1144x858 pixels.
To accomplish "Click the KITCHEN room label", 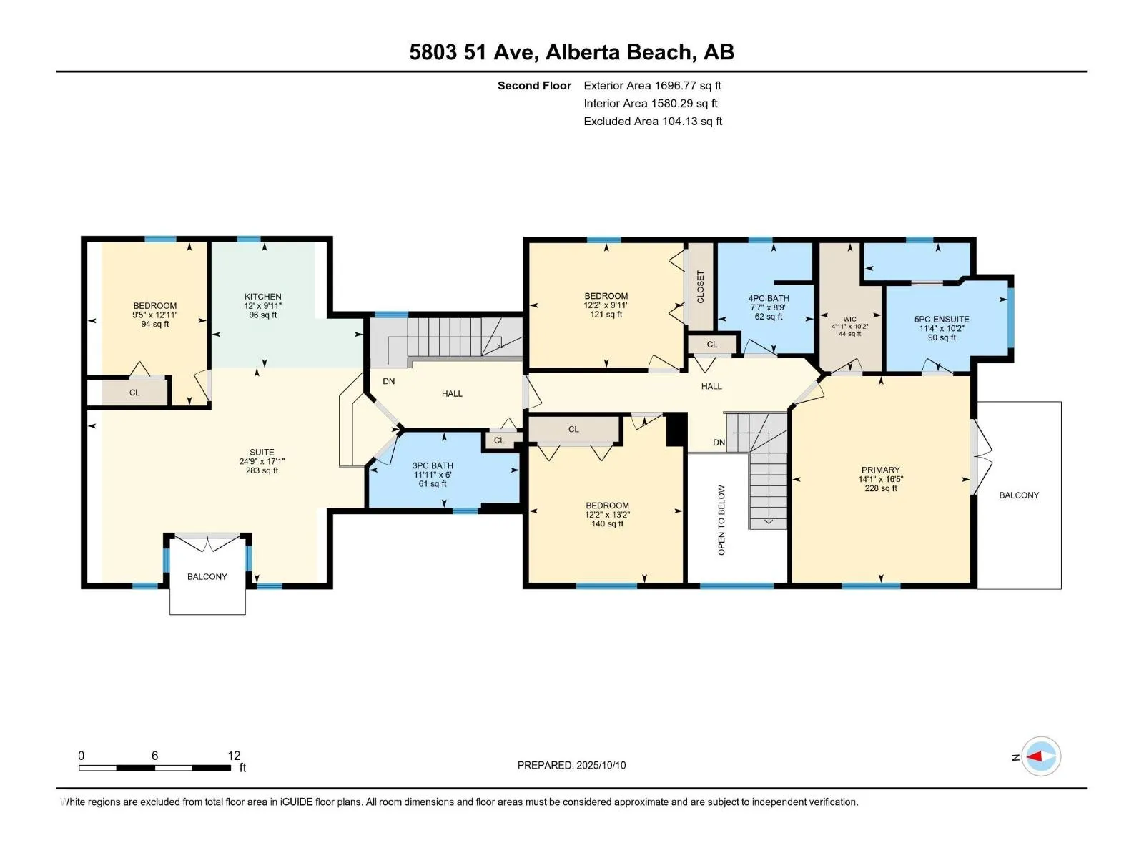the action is point(262,297).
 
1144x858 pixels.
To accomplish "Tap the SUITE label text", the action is point(262,452).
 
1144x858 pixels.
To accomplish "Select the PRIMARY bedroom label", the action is point(880,469).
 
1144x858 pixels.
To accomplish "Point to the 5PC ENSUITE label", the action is point(941,319).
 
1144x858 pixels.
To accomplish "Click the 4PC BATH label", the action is point(768,298).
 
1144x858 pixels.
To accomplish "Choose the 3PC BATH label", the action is point(433,465).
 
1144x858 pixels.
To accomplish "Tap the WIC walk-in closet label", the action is point(849,319).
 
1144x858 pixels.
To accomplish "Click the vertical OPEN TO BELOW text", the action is point(721,519).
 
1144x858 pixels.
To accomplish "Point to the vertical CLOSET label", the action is point(700,287).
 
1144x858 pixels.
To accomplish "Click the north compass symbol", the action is point(1040,756).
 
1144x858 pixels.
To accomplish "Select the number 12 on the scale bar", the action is point(234,755).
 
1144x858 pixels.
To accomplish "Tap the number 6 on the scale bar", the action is point(154,755).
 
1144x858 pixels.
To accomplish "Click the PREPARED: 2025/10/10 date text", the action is point(571,765).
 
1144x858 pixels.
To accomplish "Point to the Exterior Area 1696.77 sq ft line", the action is point(652,85).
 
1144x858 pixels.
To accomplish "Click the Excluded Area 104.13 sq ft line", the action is point(653,122).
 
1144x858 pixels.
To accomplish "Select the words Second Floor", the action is point(534,85).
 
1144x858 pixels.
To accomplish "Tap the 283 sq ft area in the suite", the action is point(262,470).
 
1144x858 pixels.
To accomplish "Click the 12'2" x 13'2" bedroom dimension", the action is point(607,514).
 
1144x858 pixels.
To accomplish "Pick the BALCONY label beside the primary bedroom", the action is point(1019,495).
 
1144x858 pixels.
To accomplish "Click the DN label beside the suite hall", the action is point(388,381).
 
